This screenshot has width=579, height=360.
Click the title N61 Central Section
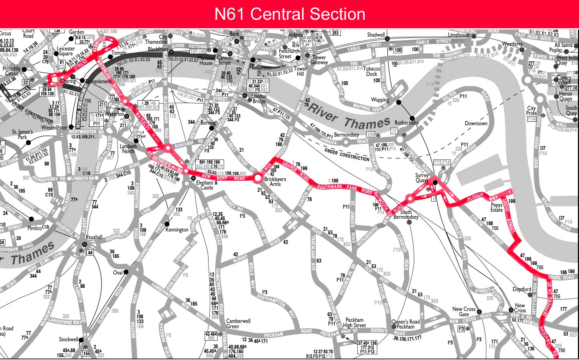point(289,14)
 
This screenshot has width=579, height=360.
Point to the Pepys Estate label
point(496,208)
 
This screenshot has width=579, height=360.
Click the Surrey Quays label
point(422,178)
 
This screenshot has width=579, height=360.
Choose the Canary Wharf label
point(564,80)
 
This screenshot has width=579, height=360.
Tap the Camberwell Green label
point(238,324)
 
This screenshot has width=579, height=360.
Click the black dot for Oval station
point(126,272)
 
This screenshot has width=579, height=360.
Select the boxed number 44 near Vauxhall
point(90,252)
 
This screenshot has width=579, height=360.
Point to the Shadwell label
point(376,35)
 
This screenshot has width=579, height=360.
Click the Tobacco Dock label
point(372,71)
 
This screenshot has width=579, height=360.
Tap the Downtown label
point(476,124)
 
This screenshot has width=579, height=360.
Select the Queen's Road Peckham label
point(405,324)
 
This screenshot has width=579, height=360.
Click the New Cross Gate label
point(464,312)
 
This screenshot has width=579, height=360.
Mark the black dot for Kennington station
point(167,224)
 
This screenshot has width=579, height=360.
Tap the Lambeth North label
point(128,149)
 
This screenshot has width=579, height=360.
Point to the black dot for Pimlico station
point(31,219)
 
